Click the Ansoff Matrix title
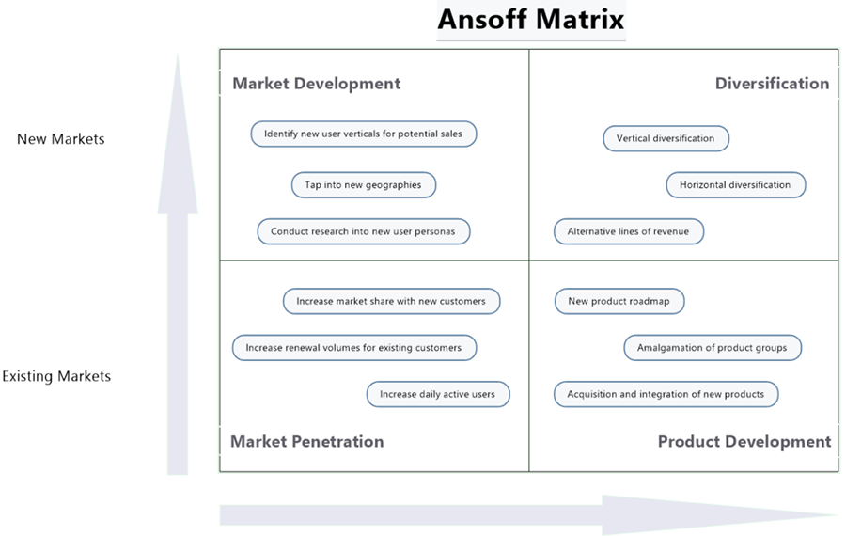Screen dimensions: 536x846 click(530, 20)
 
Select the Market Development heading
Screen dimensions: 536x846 click(316, 84)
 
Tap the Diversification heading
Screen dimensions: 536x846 click(772, 84)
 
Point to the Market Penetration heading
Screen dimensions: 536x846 click(306, 441)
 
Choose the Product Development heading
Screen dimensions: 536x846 click(744, 441)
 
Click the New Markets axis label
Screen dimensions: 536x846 click(61, 139)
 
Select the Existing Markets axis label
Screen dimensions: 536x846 click(56, 376)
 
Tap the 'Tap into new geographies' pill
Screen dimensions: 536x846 click(363, 185)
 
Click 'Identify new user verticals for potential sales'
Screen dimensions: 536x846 click(363, 134)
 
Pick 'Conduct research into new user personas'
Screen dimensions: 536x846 click(363, 231)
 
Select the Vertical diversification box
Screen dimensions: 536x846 click(666, 138)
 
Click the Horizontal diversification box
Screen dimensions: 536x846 click(735, 185)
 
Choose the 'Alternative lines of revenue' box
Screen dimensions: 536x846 click(628, 231)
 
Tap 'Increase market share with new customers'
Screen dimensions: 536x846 click(391, 301)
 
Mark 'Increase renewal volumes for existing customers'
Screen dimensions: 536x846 click(353, 348)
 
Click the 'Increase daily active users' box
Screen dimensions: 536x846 click(437, 394)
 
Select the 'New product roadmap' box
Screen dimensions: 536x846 click(619, 301)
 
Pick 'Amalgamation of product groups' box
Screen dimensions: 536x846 click(712, 348)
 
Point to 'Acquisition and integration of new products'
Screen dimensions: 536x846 click(666, 394)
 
